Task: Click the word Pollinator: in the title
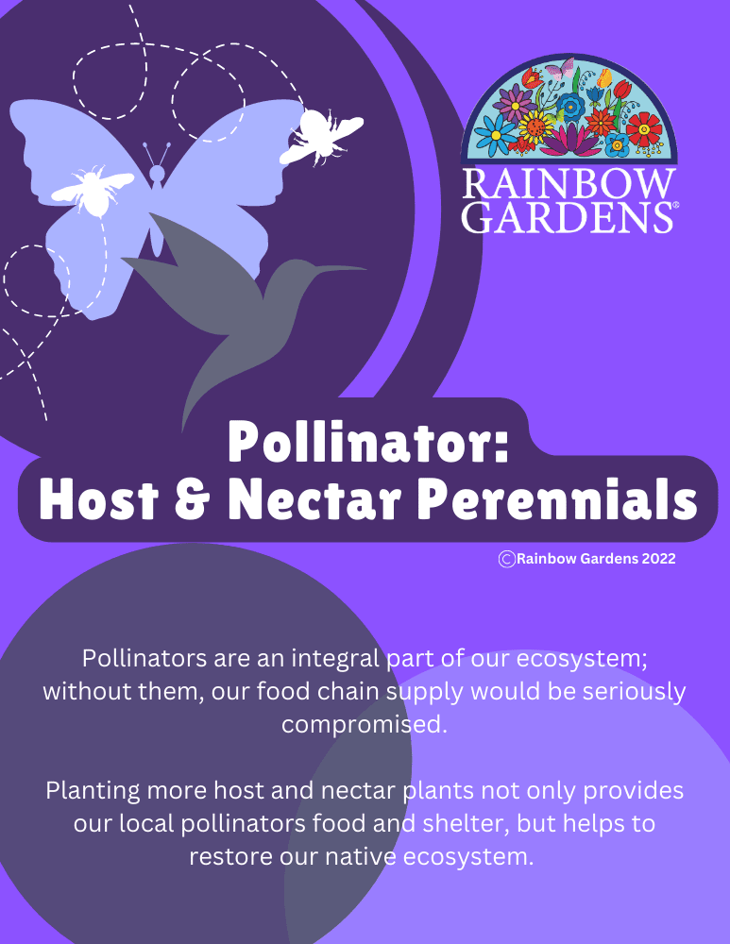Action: (x=368, y=442)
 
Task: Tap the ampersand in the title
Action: (x=186, y=500)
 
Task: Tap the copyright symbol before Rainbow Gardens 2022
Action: (x=507, y=559)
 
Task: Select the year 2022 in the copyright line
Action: (x=658, y=559)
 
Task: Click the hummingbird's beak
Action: (x=341, y=269)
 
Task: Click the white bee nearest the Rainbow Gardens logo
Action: (x=321, y=134)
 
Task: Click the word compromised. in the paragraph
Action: (x=364, y=725)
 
